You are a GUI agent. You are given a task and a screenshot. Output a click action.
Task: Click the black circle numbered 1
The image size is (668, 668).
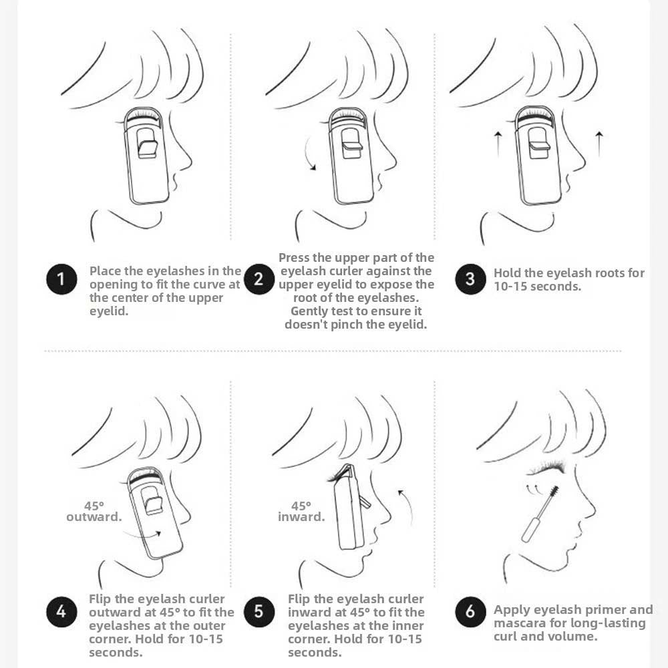coord(61,279)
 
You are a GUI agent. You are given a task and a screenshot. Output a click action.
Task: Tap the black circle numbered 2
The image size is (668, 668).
coord(259,279)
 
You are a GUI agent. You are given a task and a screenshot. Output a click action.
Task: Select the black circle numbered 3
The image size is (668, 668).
coord(470,279)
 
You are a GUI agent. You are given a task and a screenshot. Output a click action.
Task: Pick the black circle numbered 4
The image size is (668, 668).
coord(61,612)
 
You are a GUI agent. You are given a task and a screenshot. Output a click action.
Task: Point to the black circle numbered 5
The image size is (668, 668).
coord(259,612)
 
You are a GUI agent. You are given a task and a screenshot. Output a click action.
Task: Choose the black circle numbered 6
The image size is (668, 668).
coord(470,612)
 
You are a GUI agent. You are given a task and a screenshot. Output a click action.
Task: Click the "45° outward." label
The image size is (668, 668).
coord(94,511)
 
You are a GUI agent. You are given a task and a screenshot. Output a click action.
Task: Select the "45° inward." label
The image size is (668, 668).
coord(301,511)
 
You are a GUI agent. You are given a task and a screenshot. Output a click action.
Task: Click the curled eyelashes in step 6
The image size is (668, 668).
coord(546,468)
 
